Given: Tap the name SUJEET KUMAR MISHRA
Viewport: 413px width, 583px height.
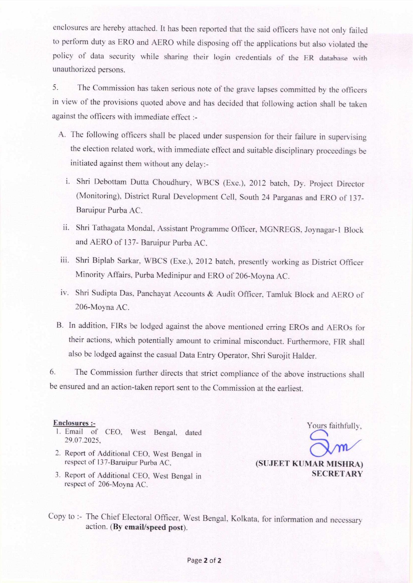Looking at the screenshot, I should point(309,464).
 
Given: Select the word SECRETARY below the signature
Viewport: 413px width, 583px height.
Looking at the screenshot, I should point(337,474).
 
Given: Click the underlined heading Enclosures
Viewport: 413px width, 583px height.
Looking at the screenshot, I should point(74,423).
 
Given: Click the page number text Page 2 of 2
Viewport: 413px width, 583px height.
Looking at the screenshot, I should point(204,561).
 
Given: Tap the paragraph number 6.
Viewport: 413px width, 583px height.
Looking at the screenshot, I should point(52,372).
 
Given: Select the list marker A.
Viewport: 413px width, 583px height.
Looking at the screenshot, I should point(61,134).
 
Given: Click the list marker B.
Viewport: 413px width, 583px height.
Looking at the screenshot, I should point(60,325).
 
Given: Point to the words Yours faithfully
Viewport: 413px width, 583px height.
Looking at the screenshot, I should point(334,426).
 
